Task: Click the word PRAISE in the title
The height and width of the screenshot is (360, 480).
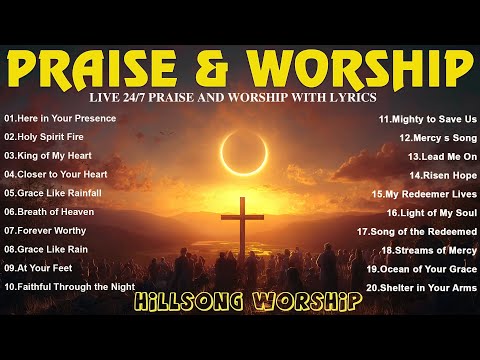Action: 110,69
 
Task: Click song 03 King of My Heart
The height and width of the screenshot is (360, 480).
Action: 50,155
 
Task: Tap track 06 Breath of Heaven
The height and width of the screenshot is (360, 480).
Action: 49,211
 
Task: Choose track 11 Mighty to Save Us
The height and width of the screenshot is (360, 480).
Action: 427,118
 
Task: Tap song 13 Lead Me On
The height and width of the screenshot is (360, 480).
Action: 441,156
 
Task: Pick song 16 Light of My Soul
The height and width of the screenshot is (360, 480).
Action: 431,212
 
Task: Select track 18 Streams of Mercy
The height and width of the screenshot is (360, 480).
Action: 427,250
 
